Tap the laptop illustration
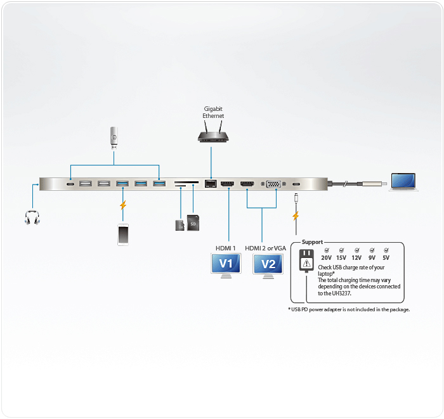[403, 182]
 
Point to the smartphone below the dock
[122, 233]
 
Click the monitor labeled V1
[226, 265]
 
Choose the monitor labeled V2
[268, 265]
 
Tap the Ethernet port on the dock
[210, 184]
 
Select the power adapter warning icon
[306, 261]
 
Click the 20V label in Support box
[326, 258]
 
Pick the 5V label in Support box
[386, 258]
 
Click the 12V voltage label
[356, 258]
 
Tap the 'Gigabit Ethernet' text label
[213, 112]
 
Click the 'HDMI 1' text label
[225, 248]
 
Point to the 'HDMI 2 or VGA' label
[265, 248]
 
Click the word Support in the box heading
[312, 242]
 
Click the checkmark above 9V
[372, 250]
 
